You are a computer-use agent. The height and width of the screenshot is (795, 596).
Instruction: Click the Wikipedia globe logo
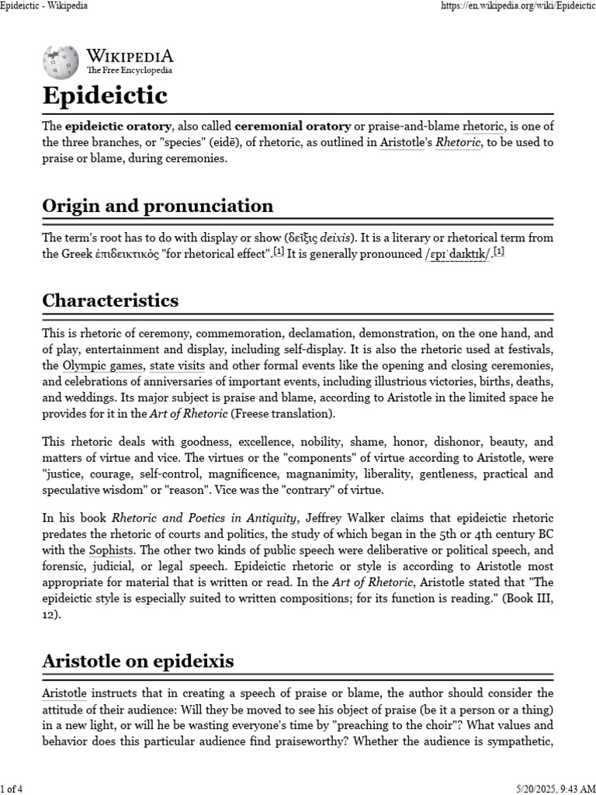point(60,61)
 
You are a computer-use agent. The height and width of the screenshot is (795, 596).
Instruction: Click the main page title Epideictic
point(105,96)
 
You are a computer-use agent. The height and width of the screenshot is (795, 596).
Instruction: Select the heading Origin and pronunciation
point(158,206)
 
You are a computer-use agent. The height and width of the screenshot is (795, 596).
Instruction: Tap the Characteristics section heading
point(110,300)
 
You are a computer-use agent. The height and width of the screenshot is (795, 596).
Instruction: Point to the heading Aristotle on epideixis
point(138,661)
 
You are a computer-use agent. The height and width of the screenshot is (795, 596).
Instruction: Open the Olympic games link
point(103,365)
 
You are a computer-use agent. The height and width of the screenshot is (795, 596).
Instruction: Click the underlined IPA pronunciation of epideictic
point(456,254)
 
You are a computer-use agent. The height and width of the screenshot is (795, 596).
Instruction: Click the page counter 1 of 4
point(14,789)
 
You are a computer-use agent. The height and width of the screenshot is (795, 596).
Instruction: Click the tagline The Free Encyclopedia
point(130,71)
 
